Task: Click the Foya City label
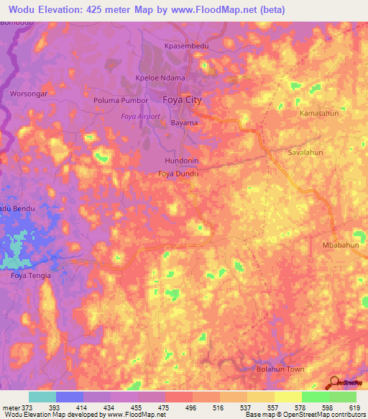(183, 100)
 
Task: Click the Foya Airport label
(140, 117)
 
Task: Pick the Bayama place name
(184, 123)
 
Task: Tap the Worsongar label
(28, 94)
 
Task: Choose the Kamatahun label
(319, 114)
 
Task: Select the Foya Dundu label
(178, 174)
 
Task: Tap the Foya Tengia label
(30, 275)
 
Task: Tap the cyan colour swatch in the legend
(42, 397)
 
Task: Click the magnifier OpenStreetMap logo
(334, 382)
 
